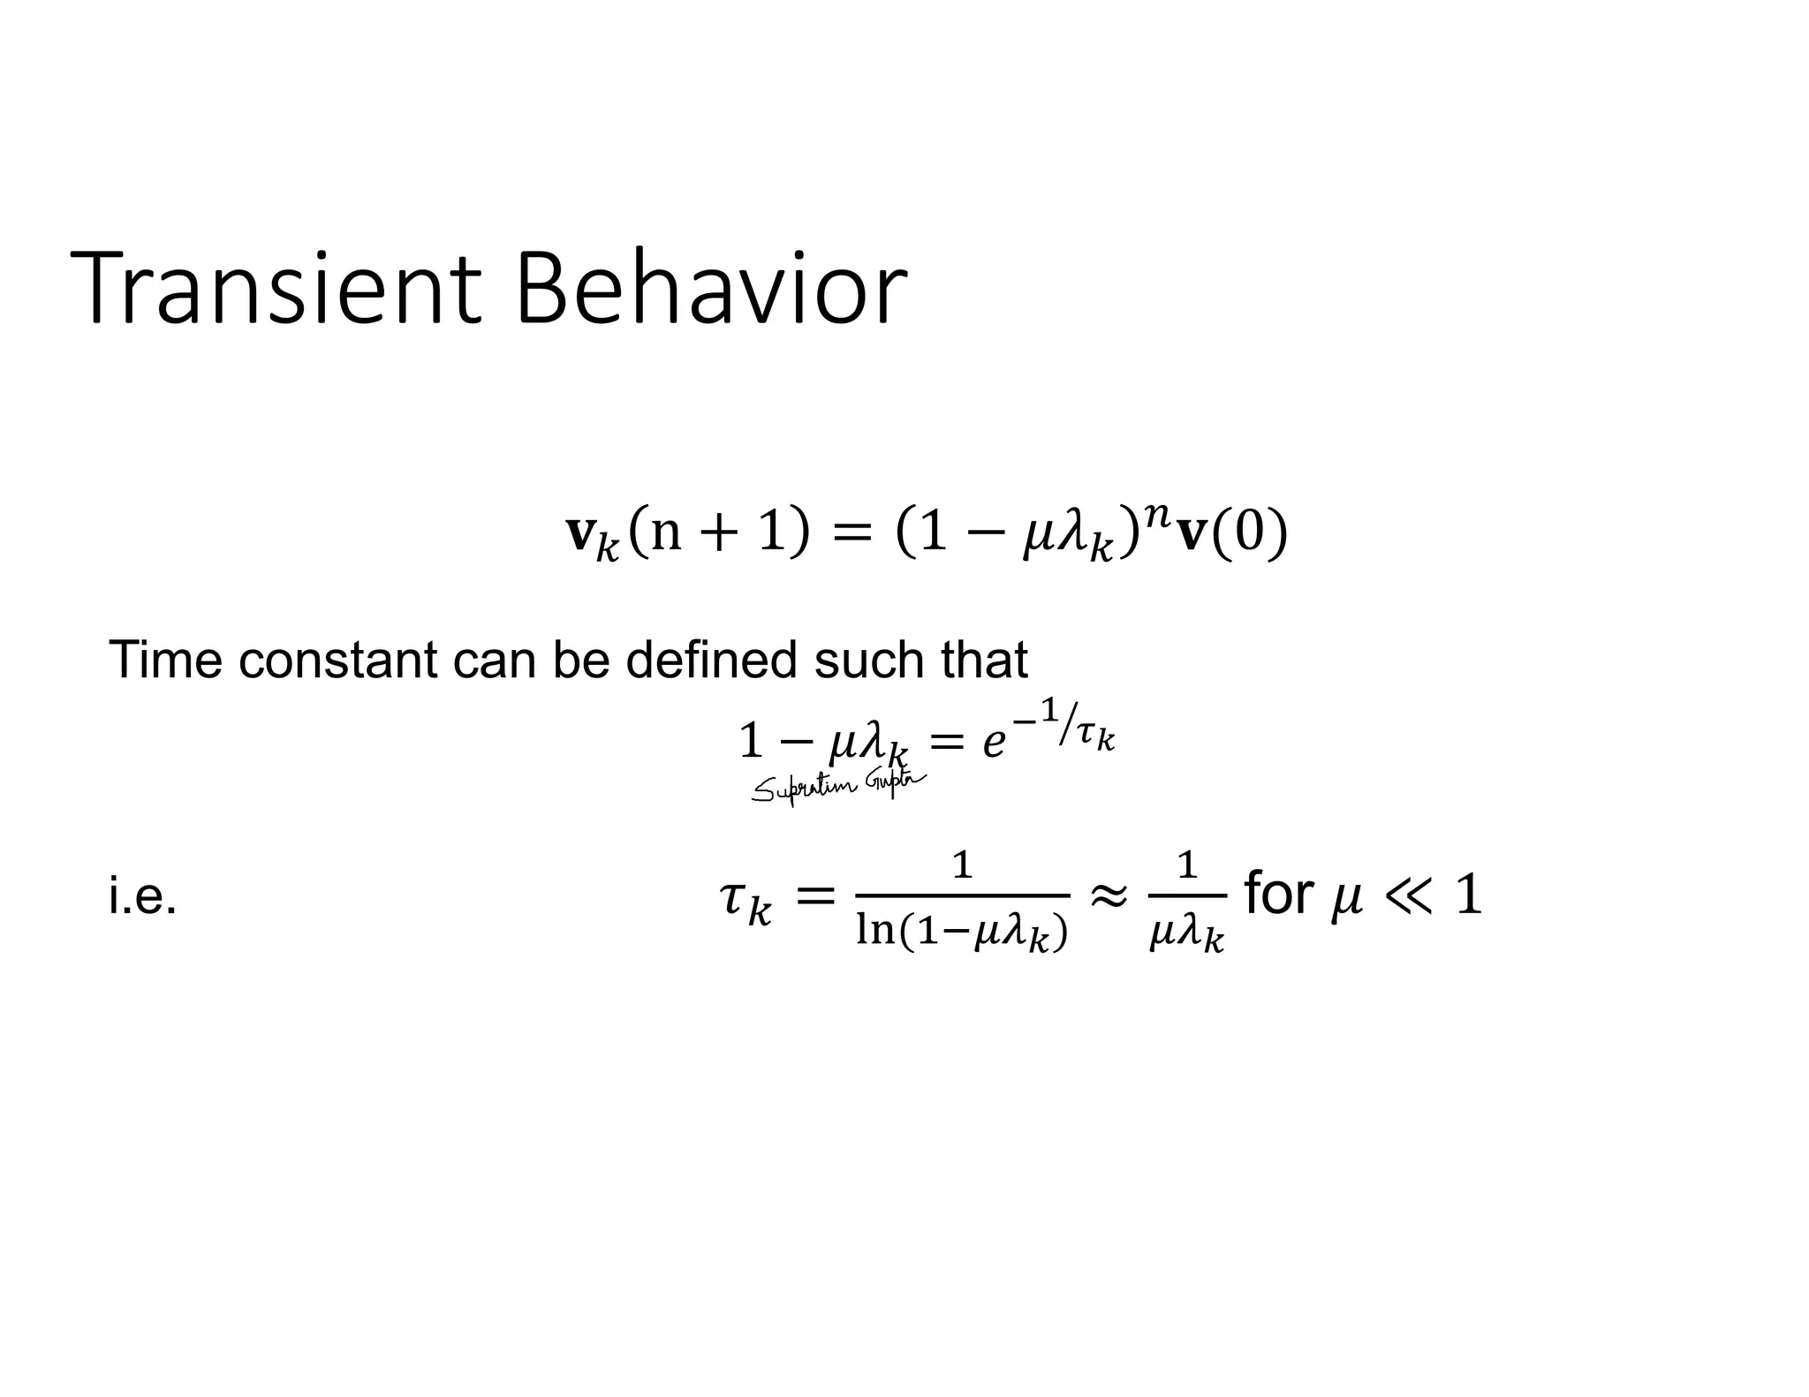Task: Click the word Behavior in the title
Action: (710, 289)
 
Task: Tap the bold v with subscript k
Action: (591, 537)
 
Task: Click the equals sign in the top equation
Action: (852, 535)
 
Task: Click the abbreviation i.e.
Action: (142, 897)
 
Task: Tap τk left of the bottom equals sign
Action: (746, 902)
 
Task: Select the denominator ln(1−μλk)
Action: (962, 931)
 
